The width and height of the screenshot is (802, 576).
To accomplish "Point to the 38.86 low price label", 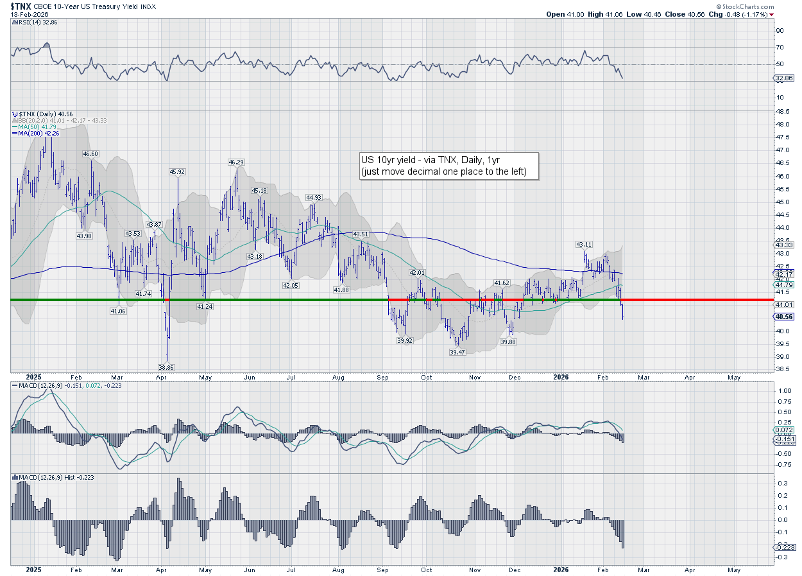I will tap(166, 367).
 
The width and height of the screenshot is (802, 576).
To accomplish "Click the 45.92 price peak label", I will tap(177, 171).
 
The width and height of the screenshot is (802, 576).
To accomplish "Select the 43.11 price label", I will tap(584, 244).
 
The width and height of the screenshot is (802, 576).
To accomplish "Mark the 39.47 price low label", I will tap(457, 352).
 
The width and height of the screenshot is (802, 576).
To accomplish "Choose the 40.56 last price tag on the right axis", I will tap(785, 317).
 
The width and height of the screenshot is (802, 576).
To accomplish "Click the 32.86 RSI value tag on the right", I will tap(785, 78).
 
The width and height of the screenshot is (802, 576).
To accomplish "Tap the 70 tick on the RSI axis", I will tap(780, 47).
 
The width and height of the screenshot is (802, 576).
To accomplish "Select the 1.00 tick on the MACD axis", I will tap(782, 390).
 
